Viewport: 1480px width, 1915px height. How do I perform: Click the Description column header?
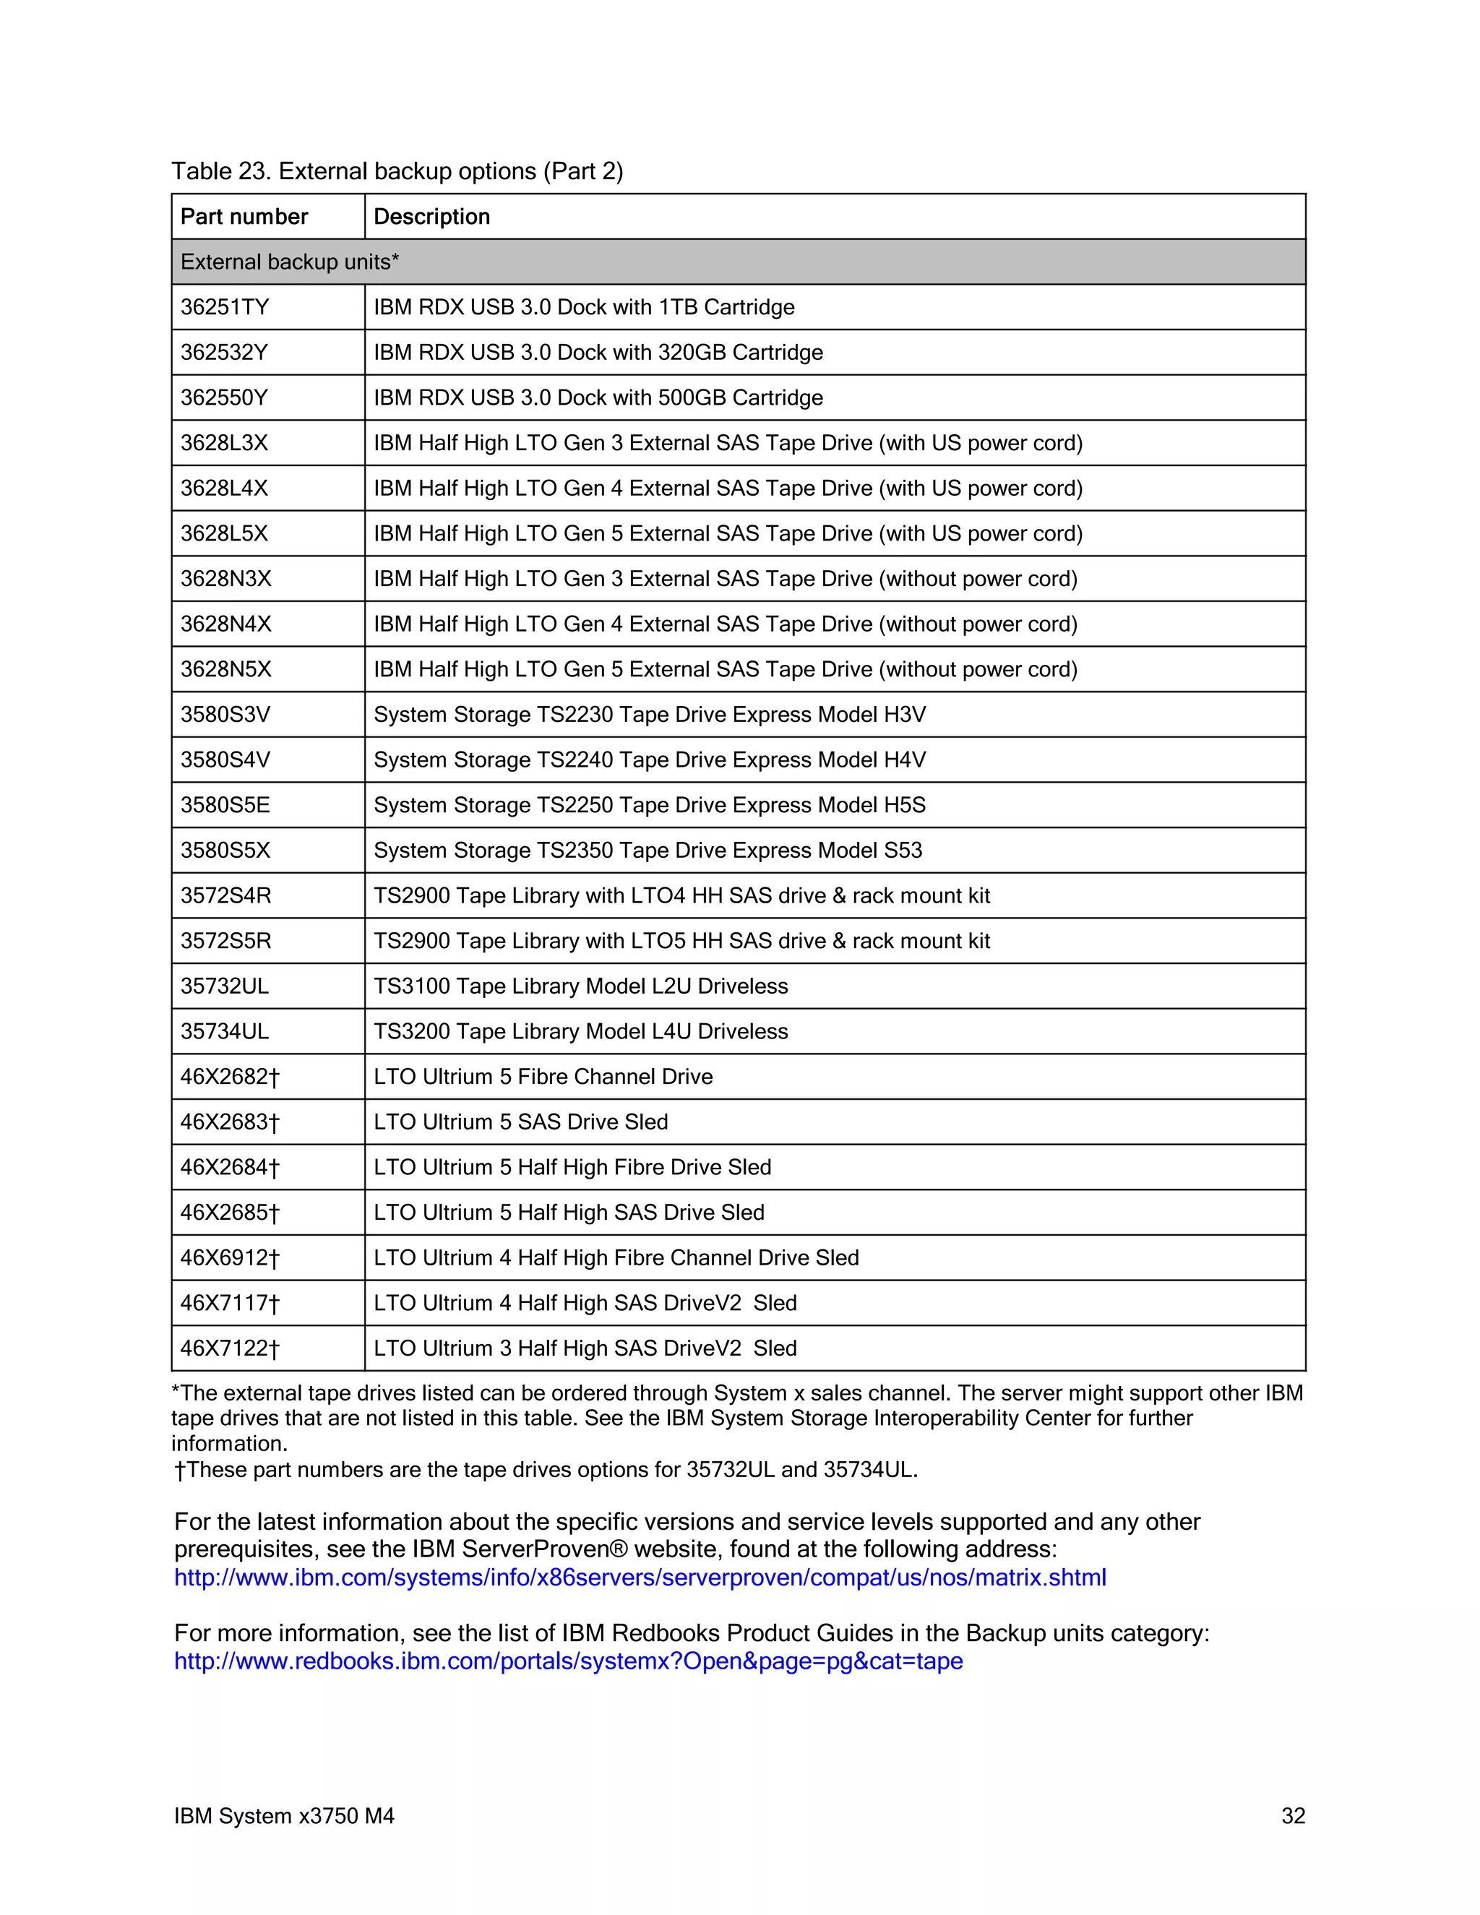pyautogui.click(x=431, y=217)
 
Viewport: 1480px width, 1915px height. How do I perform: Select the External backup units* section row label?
pyautogui.click(x=289, y=262)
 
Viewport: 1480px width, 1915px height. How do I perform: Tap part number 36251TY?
pyautogui.click(x=225, y=307)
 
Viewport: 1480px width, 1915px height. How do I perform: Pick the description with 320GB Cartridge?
pyautogui.click(x=598, y=353)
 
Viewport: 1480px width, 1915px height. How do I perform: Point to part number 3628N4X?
pyautogui.click(x=225, y=624)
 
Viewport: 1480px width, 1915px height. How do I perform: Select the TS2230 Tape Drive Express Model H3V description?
pyautogui.click(x=649, y=715)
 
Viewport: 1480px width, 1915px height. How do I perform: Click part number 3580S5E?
pyautogui.click(x=225, y=805)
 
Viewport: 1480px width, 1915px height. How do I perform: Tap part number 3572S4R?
pyautogui.click(x=225, y=895)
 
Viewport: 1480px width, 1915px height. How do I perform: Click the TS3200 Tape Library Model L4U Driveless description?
pyautogui.click(x=580, y=1031)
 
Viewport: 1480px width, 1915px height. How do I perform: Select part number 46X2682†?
pyautogui.click(x=230, y=1077)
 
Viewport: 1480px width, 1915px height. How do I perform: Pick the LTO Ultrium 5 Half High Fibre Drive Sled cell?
pyautogui.click(x=572, y=1167)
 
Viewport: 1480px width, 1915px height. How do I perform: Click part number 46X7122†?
pyautogui.click(x=230, y=1348)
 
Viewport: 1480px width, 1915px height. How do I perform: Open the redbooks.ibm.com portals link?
pyautogui.click(x=568, y=1661)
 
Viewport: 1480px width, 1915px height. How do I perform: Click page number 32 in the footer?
pyautogui.click(x=1292, y=1816)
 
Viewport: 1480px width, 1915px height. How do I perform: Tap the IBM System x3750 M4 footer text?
pyautogui.click(x=284, y=1816)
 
